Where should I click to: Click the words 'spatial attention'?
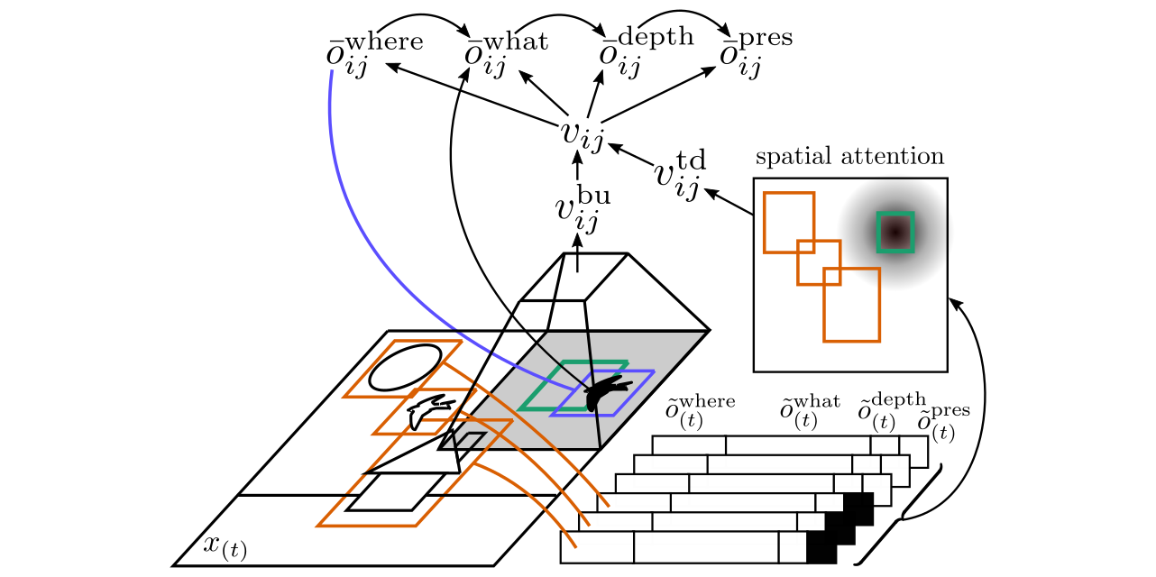point(849,157)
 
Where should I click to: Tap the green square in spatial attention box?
point(895,232)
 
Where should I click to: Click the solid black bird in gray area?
point(605,393)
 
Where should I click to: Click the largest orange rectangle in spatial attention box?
point(851,304)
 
